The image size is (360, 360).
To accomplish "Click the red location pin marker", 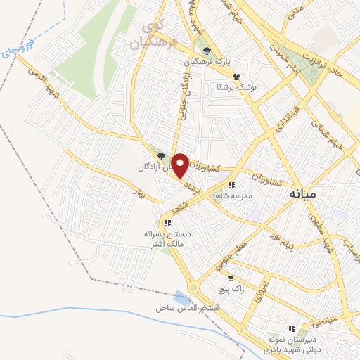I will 180,165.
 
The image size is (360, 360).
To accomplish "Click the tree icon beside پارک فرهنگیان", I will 207,51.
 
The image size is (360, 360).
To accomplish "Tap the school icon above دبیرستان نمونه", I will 292,328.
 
